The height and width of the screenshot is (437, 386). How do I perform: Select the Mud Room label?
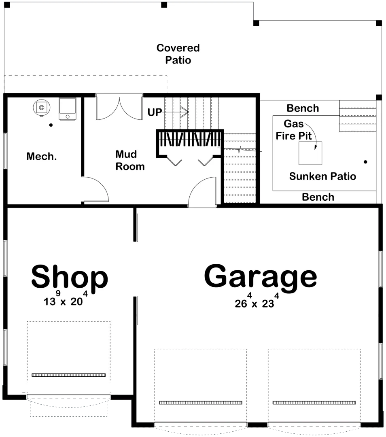130,160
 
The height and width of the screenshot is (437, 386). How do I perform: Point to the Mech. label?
42,156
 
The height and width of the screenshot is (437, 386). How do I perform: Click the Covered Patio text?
178,54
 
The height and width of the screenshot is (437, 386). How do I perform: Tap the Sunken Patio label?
322,176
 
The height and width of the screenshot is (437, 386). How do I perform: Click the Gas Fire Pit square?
310,153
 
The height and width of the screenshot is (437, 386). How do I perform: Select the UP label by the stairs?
155,112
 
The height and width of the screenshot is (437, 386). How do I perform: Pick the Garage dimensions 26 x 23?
257,301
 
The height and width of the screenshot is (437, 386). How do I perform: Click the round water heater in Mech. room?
42,108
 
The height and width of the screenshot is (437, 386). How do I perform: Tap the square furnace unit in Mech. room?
68,109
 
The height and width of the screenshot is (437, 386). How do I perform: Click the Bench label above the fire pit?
303,108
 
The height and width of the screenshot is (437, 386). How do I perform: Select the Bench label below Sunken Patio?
318,197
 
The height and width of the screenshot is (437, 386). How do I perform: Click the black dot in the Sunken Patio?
365,161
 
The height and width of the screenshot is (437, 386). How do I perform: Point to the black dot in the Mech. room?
51,125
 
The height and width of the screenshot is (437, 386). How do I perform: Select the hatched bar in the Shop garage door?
68,375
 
